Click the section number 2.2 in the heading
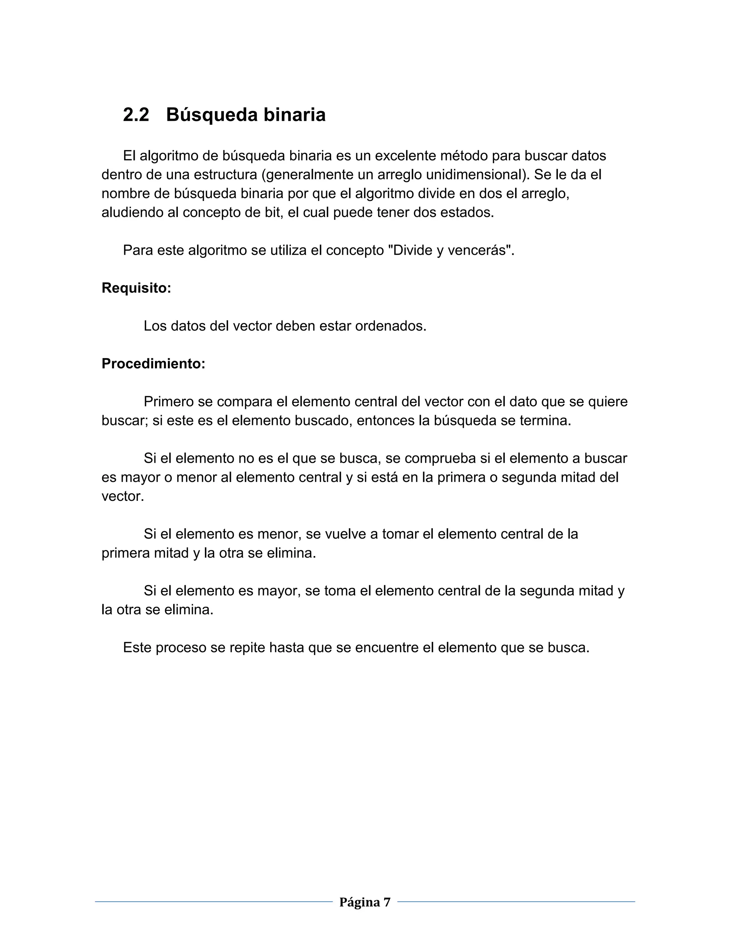[136, 115]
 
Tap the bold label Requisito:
[136, 288]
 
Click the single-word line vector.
[122, 496]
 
